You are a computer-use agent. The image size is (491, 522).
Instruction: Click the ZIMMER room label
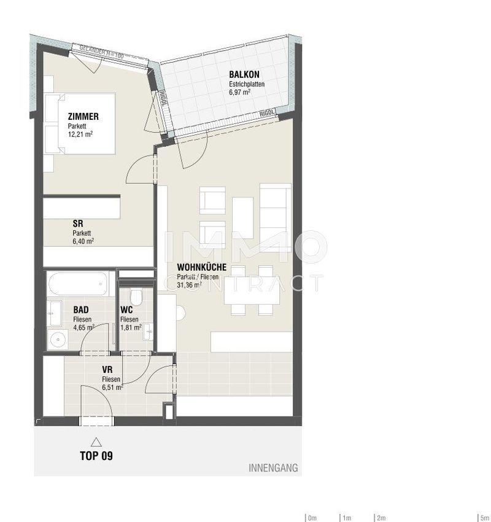83,117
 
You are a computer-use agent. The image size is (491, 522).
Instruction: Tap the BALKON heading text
244,74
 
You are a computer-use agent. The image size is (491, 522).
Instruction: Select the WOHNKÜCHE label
201,267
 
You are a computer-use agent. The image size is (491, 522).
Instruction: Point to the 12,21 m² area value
80,134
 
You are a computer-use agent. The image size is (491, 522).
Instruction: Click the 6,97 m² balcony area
239,92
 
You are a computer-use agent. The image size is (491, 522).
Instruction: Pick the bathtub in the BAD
79,284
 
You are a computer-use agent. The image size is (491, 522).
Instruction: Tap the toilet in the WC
136,296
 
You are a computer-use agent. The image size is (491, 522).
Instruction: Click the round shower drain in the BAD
58,340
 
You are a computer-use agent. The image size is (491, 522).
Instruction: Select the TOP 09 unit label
96,456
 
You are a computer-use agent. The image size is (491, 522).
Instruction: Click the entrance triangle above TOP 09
96,442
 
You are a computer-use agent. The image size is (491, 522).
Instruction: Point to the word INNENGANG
273,468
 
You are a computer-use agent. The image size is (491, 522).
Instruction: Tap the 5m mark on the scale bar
485,518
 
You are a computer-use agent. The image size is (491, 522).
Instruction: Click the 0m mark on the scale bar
312,518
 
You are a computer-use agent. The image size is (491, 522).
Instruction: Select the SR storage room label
78,224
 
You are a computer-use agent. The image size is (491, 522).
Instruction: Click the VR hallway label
107,370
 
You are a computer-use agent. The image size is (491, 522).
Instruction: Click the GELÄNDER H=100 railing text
101,52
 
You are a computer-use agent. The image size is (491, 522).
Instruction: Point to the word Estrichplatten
247,84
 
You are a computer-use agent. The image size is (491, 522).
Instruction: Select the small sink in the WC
148,332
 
